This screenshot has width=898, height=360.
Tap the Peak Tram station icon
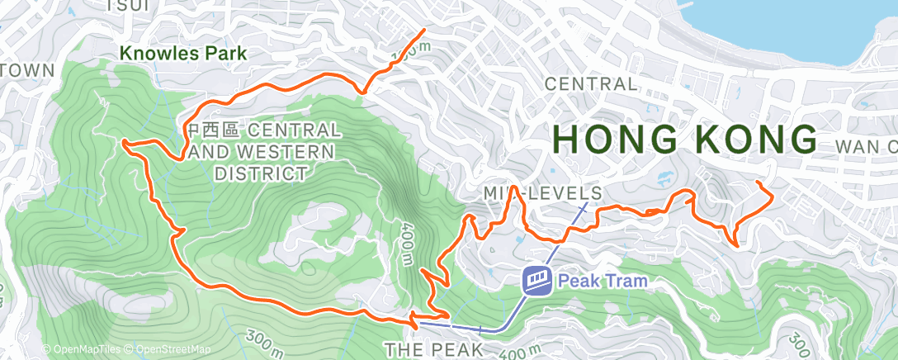pos(536,281)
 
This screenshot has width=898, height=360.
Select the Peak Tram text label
pos(603,281)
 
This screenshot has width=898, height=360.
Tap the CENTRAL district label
pos(591,83)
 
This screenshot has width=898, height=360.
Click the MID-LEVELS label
pos(542,192)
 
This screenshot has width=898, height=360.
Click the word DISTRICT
pos(260,173)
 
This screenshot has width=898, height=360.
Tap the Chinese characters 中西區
pos(212,130)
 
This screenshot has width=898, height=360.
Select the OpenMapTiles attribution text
pos(83,349)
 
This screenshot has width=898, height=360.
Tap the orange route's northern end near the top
pos(424,31)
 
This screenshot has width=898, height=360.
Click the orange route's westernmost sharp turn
pos(124,144)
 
